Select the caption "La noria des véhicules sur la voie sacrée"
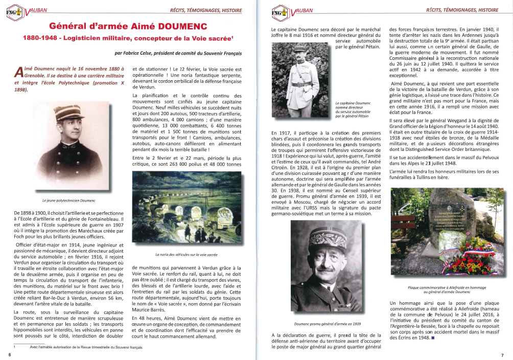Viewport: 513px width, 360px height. coord(186,254)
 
